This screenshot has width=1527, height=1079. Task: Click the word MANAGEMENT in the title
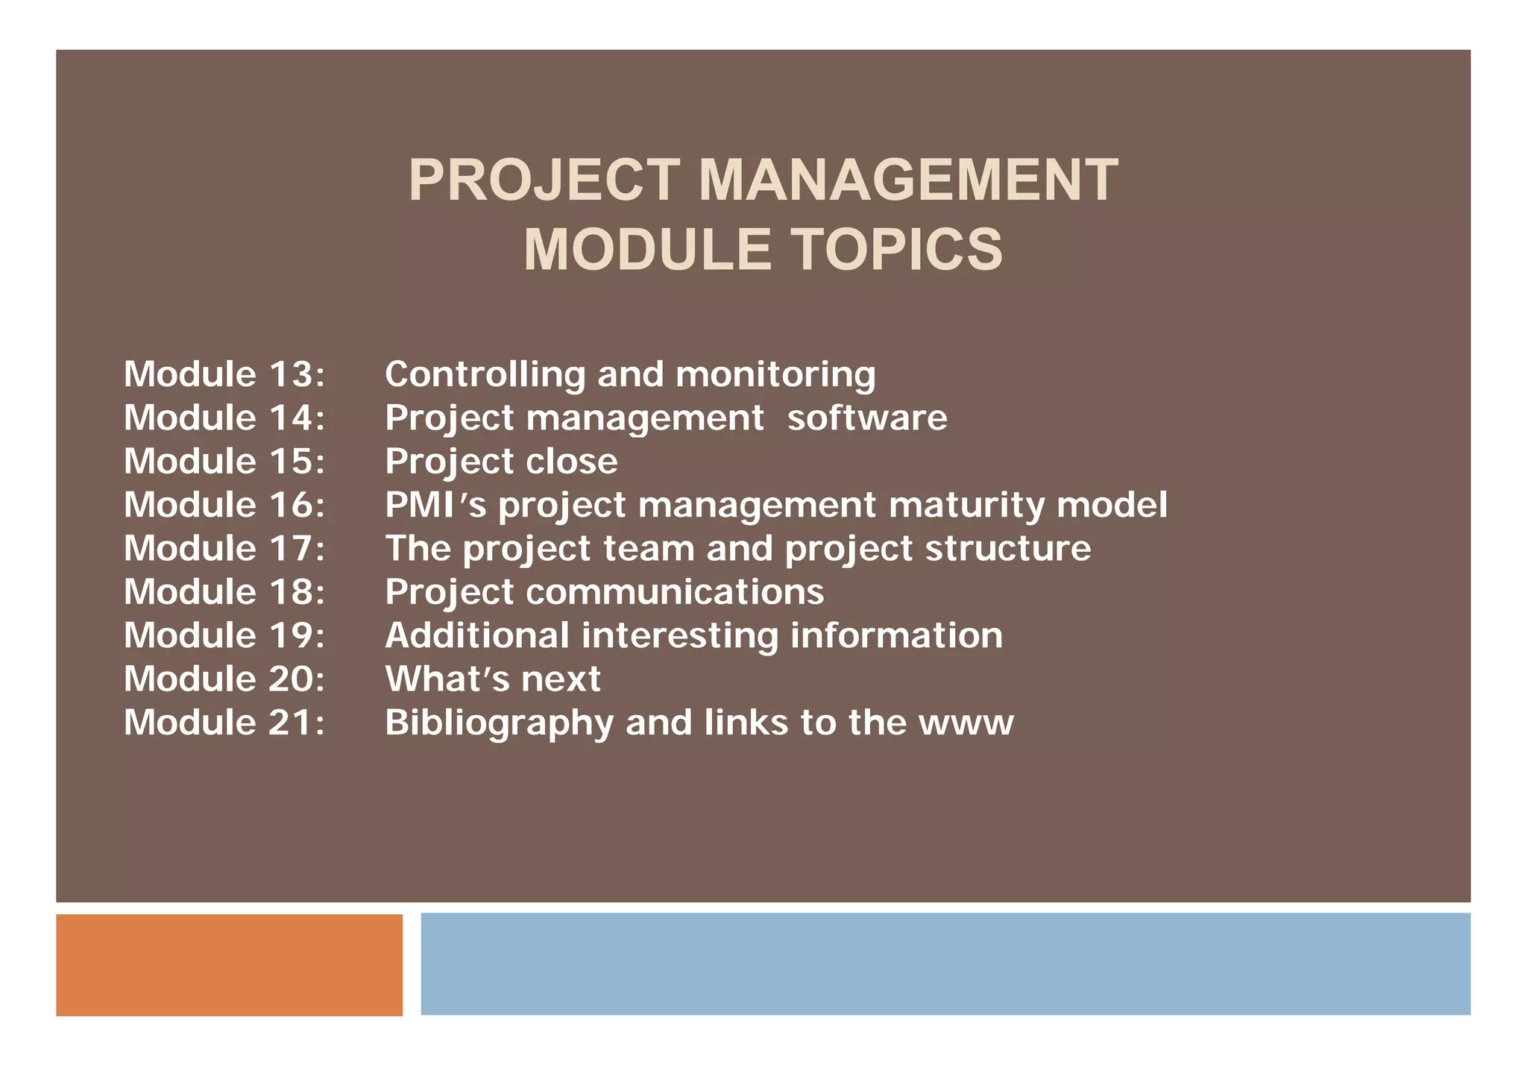[x=907, y=180]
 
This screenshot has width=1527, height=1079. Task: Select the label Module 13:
[x=224, y=374]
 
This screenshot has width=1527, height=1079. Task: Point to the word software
[x=867, y=418]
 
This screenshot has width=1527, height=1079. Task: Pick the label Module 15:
[x=224, y=461]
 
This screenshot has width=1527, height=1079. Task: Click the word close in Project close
[x=571, y=461]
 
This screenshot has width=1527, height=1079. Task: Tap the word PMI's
[x=435, y=505]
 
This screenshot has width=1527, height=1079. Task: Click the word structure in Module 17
[x=1007, y=548]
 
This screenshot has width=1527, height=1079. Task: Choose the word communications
[x=675, y=592]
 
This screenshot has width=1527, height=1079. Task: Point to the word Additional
[x=477, y=635]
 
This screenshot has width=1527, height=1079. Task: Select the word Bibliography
[x=498, y=723]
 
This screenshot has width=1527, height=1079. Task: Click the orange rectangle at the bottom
[x=229, y=964]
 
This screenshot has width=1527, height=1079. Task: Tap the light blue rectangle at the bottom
[x=945, y=963]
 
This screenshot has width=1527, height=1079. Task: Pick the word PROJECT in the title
[x=544, y=180]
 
